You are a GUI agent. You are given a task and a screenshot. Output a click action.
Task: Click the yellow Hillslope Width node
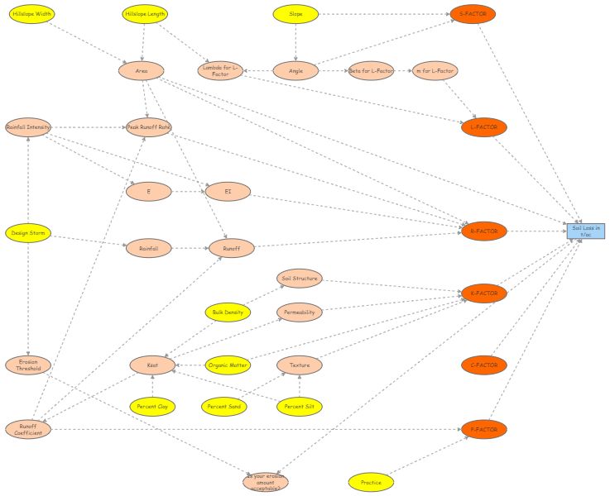pos(32,14)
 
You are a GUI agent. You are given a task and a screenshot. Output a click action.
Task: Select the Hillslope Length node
pos(144,14)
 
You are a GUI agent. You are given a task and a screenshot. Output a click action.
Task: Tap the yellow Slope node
pos(295,14)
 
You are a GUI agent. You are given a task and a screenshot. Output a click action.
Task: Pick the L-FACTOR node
pos(484,127)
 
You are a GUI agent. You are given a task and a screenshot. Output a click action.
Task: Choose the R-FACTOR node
pos(484,231)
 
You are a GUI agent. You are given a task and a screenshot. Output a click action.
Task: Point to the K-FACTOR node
pos(484,293)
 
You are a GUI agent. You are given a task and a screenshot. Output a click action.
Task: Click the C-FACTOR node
pos(484,365)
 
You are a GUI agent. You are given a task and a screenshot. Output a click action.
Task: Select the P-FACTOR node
pos(484,429)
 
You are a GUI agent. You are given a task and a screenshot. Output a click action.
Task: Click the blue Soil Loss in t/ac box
pos(586,231)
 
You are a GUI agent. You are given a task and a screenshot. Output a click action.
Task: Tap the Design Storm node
pos(28,233)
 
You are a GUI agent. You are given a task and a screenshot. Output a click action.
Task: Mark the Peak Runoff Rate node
pos(149,127)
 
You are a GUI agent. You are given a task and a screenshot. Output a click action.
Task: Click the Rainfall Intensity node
pos(28,127)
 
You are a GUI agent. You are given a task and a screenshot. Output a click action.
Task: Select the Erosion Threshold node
pos(28,365)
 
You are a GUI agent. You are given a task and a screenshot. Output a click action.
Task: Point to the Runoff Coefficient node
pos(28,429)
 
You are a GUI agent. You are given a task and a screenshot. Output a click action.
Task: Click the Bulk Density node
pos(228,312)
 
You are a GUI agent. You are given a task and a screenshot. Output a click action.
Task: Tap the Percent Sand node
pos(224,406)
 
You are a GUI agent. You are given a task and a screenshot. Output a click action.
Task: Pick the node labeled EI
pos(228,192)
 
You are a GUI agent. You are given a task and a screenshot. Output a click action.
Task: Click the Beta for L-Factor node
pos(371,71)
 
